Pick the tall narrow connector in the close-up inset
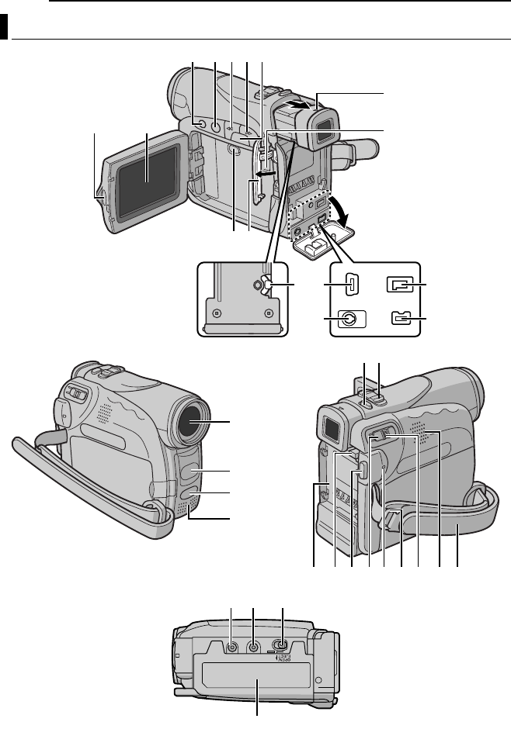[350, 285]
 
